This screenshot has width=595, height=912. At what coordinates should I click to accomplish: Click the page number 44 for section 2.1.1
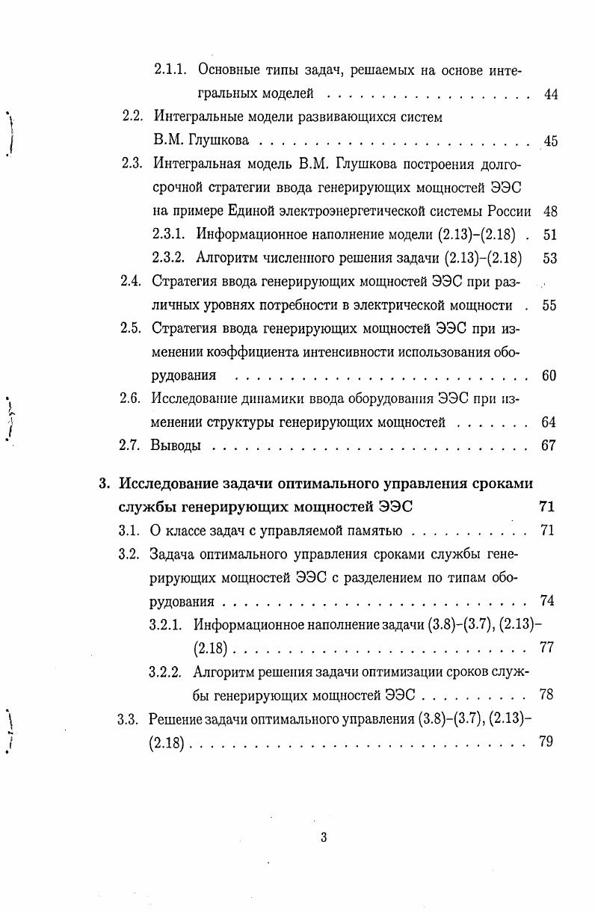[x=551, y=94]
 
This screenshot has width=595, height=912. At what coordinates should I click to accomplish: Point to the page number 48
[x=550, y=211]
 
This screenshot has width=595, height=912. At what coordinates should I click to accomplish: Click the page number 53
[x=550, y=258]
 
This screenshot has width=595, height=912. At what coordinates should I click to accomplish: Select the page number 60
[x=549, y=375]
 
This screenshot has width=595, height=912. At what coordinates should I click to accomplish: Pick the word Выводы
[x=176, y=446]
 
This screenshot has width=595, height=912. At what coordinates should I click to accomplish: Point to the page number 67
[x=549, y=446]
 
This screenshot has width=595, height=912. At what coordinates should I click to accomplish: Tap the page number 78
[x=546, y=694]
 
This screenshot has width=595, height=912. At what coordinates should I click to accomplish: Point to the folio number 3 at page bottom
[x=324, y=837]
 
